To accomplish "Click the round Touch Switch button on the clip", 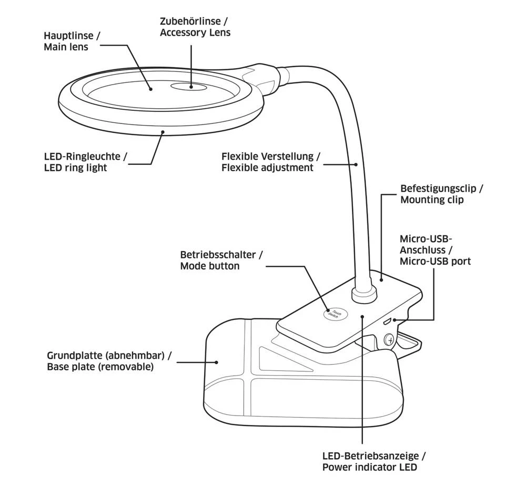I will [336, 314].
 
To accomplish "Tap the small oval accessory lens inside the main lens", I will [190, 87].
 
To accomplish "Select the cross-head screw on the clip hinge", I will [390, 340].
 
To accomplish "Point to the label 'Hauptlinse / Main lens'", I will [71, 41].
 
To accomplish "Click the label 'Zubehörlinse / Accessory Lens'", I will [195, 27].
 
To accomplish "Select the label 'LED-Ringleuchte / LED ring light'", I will [85, 162].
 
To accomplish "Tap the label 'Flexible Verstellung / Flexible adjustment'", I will [270, 162].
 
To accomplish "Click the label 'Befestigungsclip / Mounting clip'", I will [441, 194].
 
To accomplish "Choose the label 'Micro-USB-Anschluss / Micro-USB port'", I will [435, 250].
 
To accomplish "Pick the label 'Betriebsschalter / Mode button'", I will [221, 261].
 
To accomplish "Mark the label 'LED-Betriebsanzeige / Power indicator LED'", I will [373, 462].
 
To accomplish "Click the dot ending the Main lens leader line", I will [150, 89].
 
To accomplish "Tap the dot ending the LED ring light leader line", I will [164, 132].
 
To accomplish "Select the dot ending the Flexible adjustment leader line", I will [357, 164].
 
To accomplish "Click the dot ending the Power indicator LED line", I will [362, 316].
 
